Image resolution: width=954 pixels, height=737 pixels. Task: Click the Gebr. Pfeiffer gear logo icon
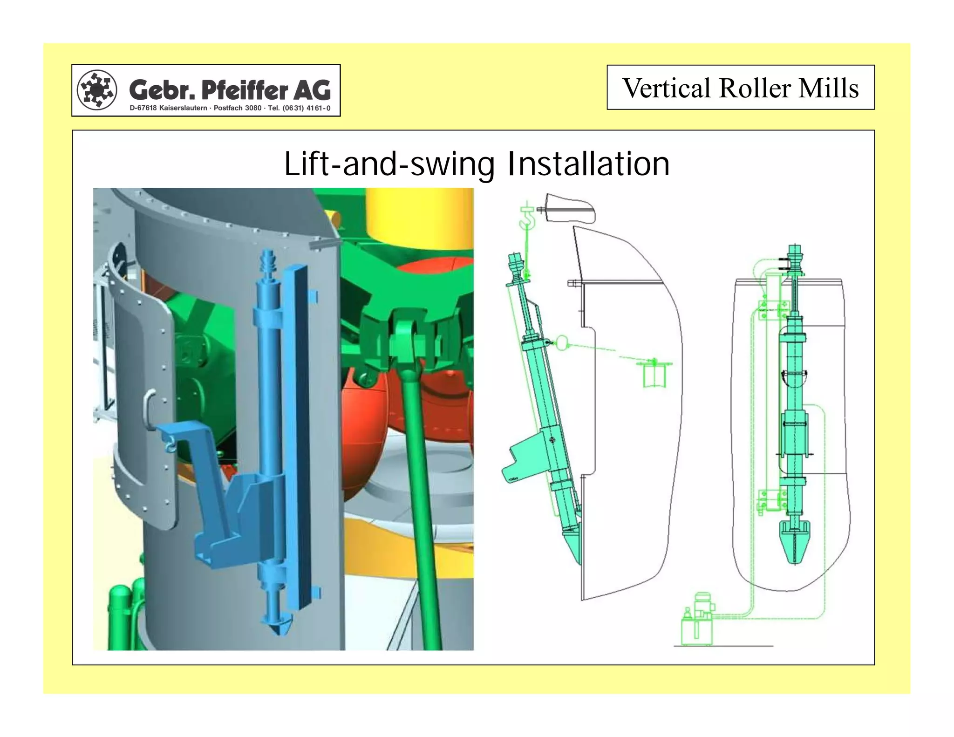click(x=97, y=90)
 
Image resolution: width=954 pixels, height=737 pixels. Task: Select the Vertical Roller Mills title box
click(x=740, y=88)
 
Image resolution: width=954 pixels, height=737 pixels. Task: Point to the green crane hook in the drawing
click(x=528, y=219)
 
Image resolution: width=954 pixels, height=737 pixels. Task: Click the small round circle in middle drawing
click(x=563, y=343)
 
